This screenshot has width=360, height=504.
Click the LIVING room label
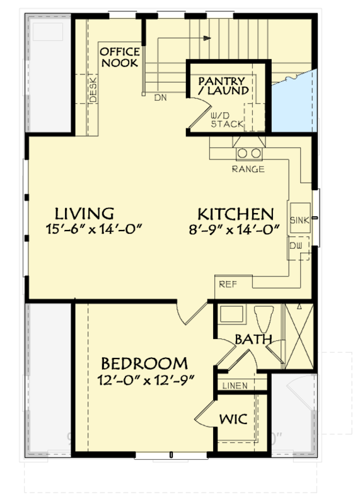pos(84,213)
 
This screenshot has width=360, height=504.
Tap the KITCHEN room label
pos(235,213)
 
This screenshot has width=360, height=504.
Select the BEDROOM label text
pos(144,364)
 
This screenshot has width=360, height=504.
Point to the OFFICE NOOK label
pos(120,57)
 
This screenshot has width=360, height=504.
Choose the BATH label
pos(253,340)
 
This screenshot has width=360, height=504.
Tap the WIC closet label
pos(233,418)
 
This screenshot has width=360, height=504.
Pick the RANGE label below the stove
pos(248,169)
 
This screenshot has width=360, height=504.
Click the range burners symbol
pos(248,153)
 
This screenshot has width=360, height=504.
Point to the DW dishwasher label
pos(296,246)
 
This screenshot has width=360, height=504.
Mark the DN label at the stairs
pos(160,97)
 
